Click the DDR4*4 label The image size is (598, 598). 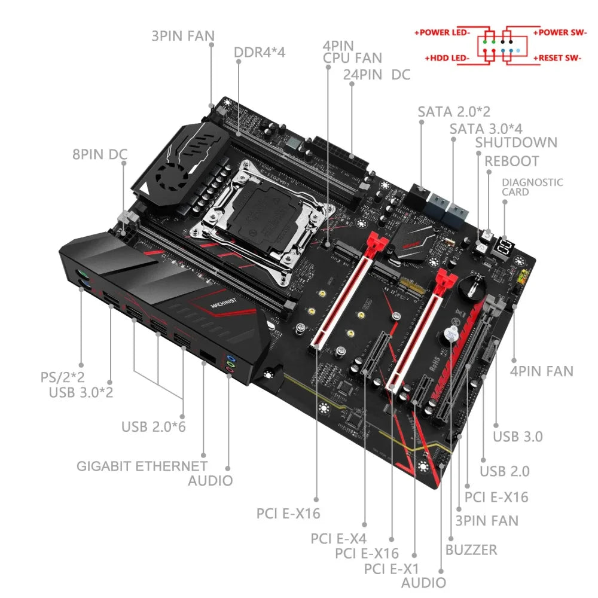(x=260, y=52)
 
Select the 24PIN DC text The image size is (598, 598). (x=377, y=75)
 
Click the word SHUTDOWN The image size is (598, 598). (x=516, y=142)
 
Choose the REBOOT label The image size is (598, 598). (x=511, y=161)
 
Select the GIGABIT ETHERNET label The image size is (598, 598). (x=142, y=466)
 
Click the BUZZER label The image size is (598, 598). (x=471, y=549)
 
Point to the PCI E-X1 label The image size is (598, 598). (x=392, y=568)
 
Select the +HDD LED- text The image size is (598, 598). (x=447, y=58)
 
